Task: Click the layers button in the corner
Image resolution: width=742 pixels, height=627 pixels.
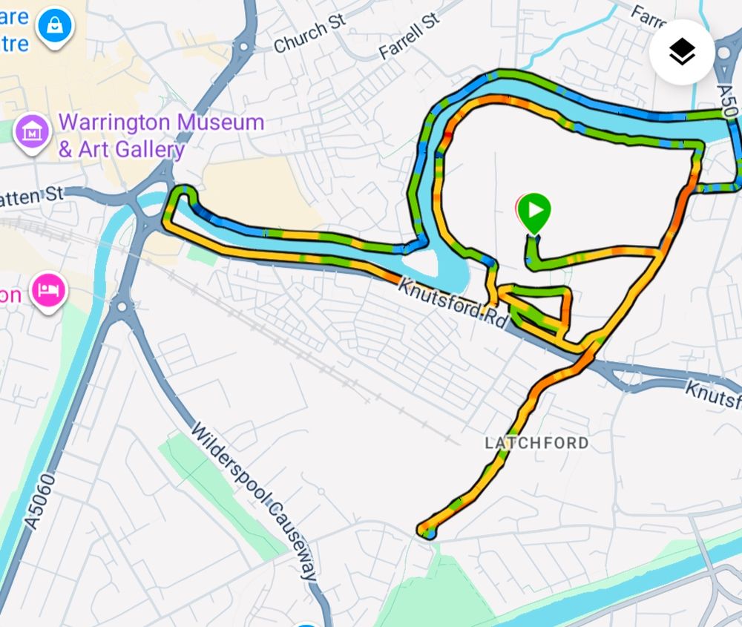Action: [x=681, y=52]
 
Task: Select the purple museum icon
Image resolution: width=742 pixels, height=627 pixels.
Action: [x=33, y=133]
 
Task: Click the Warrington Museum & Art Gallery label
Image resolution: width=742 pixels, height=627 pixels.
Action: [x=160, y=136]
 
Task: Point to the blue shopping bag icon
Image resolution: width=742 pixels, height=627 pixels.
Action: [x=56, y=26]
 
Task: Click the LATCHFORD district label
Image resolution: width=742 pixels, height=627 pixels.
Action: [x=536, y=443]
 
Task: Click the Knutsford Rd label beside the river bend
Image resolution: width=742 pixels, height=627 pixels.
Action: [x=453, y=303]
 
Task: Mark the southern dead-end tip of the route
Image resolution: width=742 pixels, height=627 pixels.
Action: [x=427, y=531]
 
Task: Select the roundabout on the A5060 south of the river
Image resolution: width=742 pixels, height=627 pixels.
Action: [x=122, y=306]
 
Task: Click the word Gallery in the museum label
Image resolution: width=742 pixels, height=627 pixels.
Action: [x=153, y=149]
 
